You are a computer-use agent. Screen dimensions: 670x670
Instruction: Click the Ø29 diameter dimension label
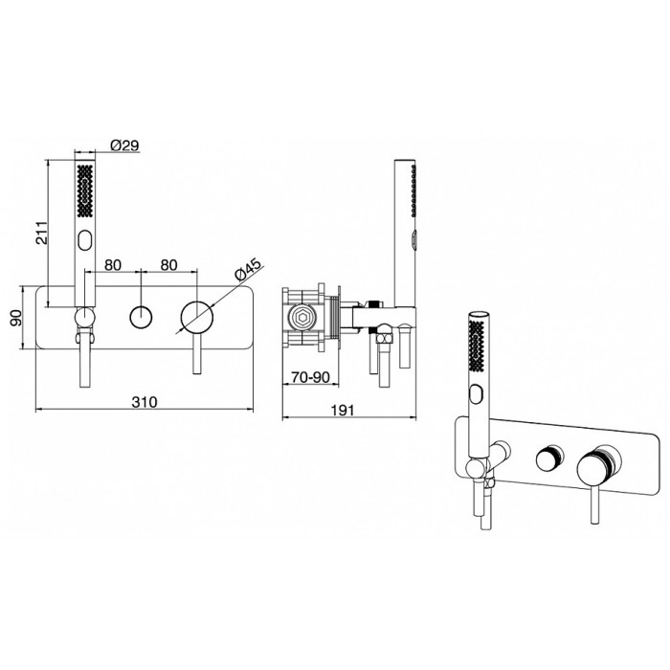[x=124, y=145]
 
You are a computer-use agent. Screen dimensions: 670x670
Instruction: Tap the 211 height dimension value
[x=41, y=233]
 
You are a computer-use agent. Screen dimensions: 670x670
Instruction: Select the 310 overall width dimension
[x=145, y=402]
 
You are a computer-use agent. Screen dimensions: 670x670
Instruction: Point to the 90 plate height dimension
[x=16, y=318]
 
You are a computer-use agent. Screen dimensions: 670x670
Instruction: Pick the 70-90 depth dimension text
[x=311, y=377]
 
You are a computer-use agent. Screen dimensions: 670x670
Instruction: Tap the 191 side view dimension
[x=343, y=411]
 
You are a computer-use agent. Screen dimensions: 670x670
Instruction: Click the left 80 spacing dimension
[x=113, y=265]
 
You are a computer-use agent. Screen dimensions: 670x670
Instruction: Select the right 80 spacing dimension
[x=168, y=265]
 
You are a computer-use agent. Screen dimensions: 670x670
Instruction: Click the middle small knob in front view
[x=141, y=318]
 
